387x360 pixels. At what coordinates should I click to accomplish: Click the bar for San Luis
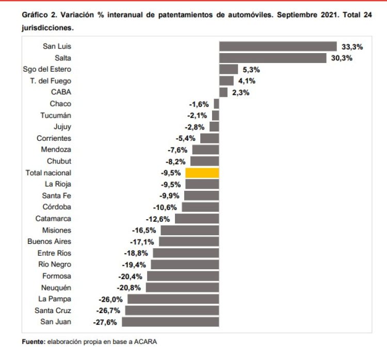tap(278, 46)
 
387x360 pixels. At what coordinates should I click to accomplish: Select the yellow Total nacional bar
tap(202, 173)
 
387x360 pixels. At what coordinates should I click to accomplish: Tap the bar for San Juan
tap(170, 322)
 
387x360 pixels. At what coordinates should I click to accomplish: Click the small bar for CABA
tap(223, 92)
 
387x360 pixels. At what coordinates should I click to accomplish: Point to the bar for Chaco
tap(216, 104)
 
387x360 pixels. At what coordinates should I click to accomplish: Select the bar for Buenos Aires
tap(189, 241)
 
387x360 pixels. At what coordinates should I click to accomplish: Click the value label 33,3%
tap(352, 46)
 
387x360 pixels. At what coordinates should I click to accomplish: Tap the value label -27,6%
tap(105, 322)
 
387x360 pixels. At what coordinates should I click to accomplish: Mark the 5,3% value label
tap(251, 69)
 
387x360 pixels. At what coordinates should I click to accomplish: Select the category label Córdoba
tap(57, 207)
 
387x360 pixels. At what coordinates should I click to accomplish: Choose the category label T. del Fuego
tap(51, 81)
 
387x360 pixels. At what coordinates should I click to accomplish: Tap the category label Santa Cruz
tap(53, 310)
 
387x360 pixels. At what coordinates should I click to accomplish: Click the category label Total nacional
tap(49, 173)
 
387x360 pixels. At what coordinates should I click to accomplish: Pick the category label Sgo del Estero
tap(47, 69)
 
